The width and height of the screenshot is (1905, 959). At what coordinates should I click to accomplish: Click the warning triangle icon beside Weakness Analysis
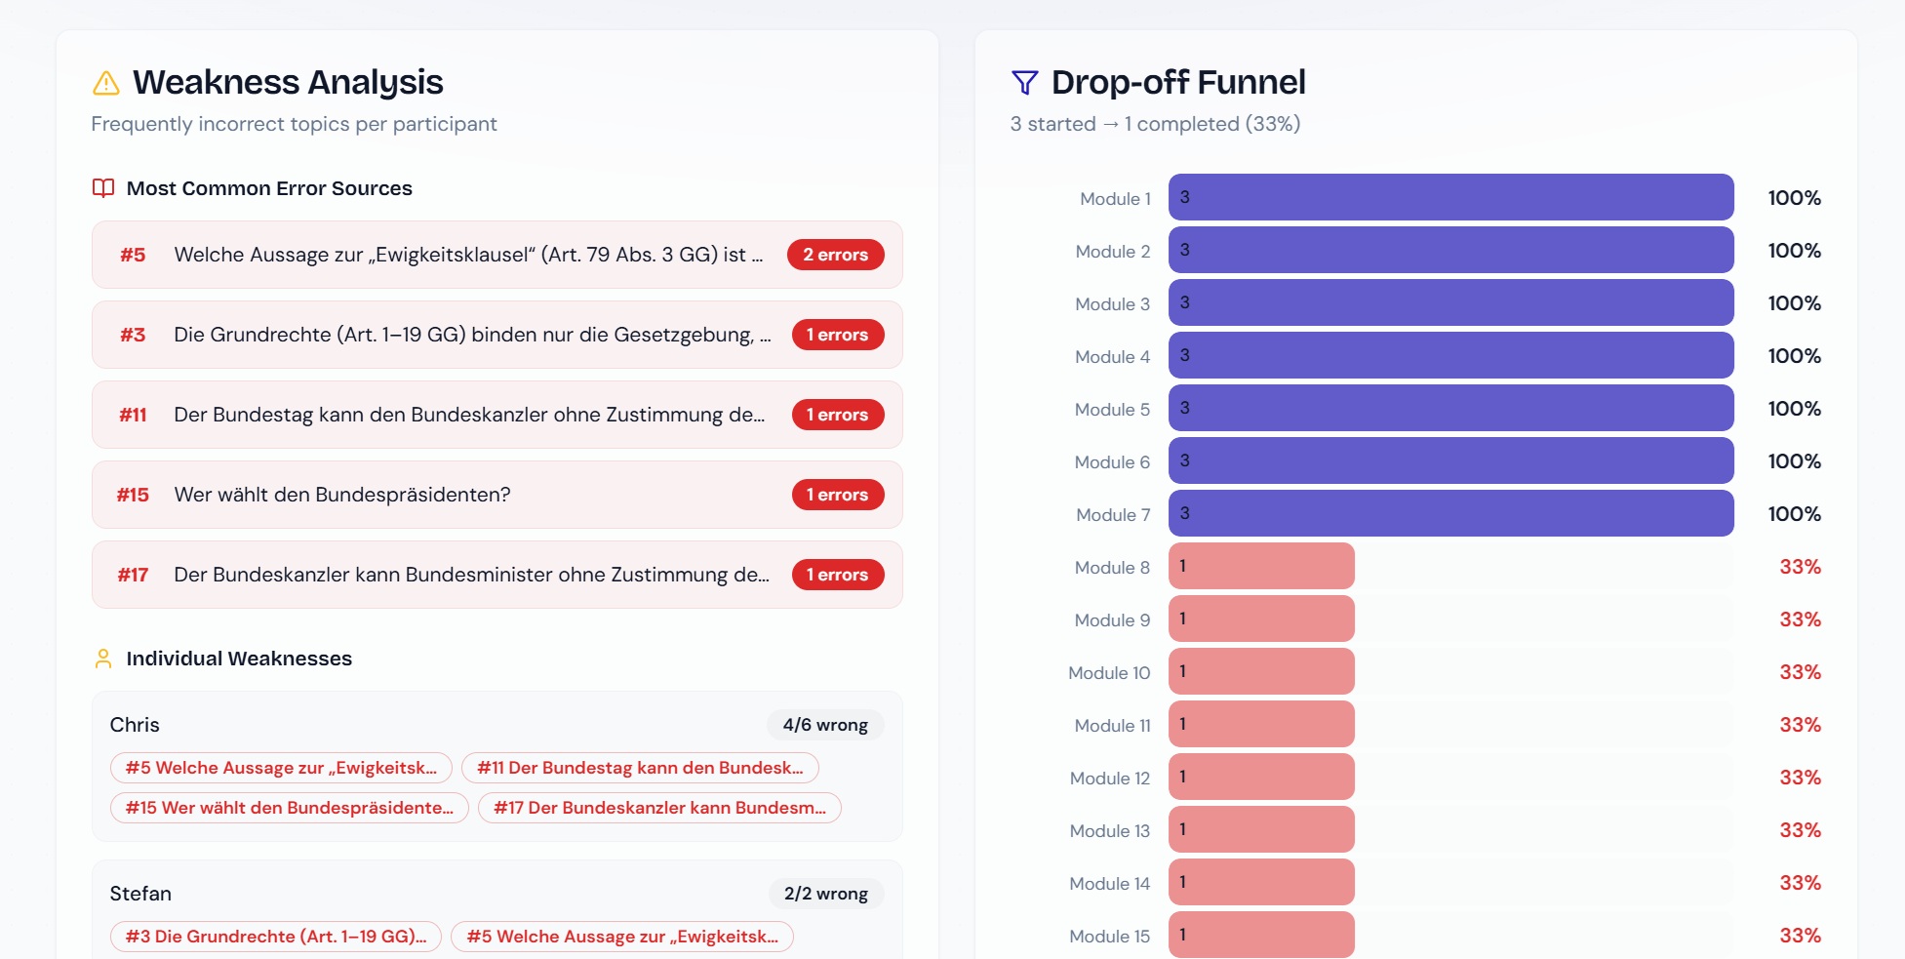pyautogui.click(x=105, y=83)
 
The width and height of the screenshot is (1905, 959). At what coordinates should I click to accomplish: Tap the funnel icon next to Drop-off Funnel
pyautogui.click(x=1024, y=83)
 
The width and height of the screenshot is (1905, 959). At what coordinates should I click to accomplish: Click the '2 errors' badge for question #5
pyautogui.click(x=835, y=255)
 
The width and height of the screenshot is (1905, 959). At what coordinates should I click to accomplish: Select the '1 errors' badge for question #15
pyautogui.click(x=837, y=495)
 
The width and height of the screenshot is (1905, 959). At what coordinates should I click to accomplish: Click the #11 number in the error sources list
pyautogui.click(x=133, y=415)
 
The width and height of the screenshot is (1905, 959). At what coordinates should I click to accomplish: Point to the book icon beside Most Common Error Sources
pyautogui.click(x=103, y=187)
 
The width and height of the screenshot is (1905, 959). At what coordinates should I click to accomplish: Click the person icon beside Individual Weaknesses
pyautogui.click(x=103, y=659)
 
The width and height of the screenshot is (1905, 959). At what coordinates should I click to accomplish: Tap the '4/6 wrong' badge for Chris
pyautogui.click(x=825, y=725)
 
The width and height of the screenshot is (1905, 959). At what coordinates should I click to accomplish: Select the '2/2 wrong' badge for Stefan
pyautogui.click(x=826, y=894)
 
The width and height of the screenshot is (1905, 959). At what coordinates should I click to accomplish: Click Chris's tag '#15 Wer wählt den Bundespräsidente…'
pyautogui.click(x=290, y=808)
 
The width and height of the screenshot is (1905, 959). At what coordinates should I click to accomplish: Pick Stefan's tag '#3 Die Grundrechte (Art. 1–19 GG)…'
pyautogui.click(x=276, y=937)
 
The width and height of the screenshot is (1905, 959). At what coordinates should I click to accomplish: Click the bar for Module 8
pyautogui.click(x=1261, y=566)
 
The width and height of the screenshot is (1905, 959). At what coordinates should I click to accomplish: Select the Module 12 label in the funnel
pyautogui.click(x=1110, y=779)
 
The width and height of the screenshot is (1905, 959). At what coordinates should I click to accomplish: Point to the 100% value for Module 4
pyautogui.click(x=1795, y=356)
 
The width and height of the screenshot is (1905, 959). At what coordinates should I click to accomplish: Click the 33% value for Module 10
pyautogui.click(x=1801, y=672)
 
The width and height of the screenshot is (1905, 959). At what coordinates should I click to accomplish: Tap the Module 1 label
pyautogui.click(x=1115, y=199)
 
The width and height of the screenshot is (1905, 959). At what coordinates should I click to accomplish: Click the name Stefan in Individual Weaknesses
pyautogui.click(x=140, y=894)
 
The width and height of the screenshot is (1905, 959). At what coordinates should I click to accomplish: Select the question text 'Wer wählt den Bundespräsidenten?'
pyautogui.click(x=342, y=495)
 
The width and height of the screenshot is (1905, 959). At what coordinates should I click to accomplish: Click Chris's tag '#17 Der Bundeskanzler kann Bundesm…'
pyautogui.click(x=659, y=808)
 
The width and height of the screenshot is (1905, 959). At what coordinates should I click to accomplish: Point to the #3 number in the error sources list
pyautogui.click(x=133, y=335)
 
